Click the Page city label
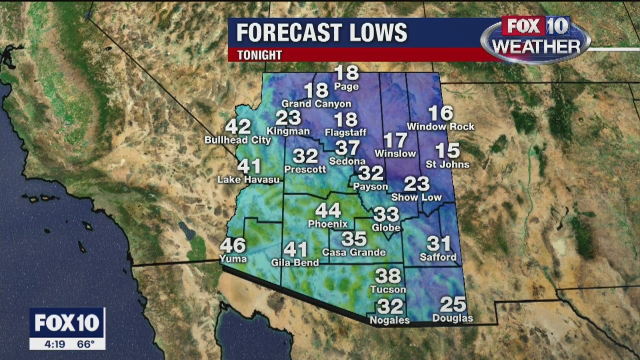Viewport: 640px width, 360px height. (x=346, y=87)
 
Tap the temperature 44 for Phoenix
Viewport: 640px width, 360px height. (x=327, y=210)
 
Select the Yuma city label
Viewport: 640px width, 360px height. (x=233, y=258)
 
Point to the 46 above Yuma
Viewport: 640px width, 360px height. (x=233, y=245)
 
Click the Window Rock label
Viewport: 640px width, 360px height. (x=440, y=126)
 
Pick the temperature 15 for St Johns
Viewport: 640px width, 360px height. (x=447, y=150)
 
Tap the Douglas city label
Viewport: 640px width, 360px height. (x=452, y=318)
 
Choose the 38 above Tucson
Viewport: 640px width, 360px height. (x=388, y=275)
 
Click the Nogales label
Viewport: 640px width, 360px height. (x=389, y=320)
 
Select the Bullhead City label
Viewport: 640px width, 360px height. (x=237, y=140)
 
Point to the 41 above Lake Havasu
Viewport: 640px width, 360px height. (x=249, y=166)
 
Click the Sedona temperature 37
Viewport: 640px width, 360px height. (x=347, y=148)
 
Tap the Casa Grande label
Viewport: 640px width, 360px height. (x=354, y=252)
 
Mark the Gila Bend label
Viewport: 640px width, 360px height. (x=294, y=262)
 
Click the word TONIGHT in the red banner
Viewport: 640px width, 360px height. (x=259, y=55)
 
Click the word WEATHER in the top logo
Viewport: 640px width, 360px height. (x=535, y=46)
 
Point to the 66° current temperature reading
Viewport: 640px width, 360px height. (x=85, y=344)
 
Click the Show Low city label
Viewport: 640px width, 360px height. (x=416, y=197)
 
